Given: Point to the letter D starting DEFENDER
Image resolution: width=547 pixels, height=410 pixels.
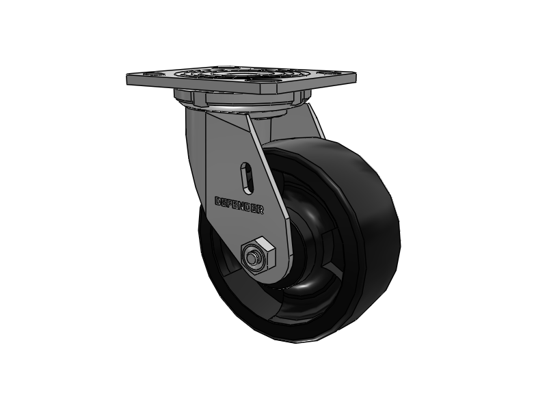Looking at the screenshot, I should (218, 201).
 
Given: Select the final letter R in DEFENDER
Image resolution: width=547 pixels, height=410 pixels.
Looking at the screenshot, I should (261, 210).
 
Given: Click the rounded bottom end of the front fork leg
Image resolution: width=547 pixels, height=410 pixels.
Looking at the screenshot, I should (263, 277).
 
